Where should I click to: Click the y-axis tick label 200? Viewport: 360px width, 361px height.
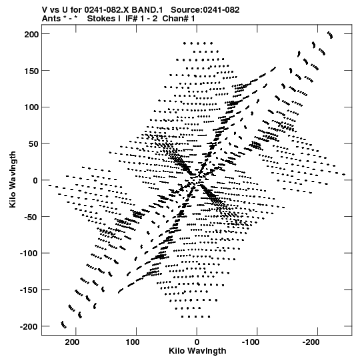(x=31, y=34)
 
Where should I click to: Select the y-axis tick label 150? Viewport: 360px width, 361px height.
(x=31, y=71)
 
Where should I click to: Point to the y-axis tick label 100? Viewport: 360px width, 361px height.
(x=31, y=107)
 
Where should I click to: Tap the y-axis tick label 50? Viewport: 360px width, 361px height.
(x=33, y=144)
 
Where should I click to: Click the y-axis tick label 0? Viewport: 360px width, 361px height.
(x=35, y=180)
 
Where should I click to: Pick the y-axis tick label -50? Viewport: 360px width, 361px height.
(x=31, y=217)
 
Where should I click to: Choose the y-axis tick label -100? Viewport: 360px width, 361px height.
(x=29, y=254)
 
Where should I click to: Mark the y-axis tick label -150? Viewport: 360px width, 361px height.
(x=29, y=290)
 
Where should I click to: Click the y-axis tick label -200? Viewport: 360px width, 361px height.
(x=29, y=327)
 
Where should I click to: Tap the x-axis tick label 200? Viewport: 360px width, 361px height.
(x=73, y=342)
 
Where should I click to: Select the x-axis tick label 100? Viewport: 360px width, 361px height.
(x=133, y=342)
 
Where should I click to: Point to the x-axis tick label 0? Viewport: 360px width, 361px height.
(x=197, y=342)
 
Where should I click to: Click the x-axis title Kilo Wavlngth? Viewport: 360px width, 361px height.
(x=197, y=351)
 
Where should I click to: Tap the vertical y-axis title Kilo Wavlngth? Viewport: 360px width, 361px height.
(x=13, y=179)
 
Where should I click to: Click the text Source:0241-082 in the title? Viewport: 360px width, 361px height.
(x=205, y=10)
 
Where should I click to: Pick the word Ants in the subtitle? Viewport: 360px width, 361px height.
(x=51, y=19)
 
